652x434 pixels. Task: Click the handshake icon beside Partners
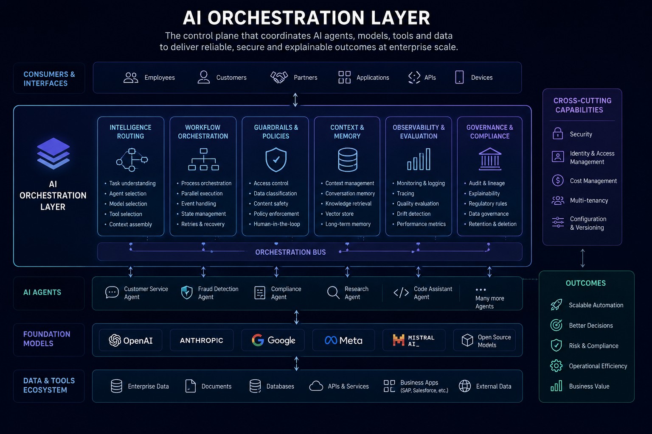coord(279,77)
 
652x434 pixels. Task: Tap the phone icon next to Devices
coord(459,77)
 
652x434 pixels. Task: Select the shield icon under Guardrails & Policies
coord(276,160)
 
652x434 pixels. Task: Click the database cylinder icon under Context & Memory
coord(348,160)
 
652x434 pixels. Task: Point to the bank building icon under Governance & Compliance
coord(490,159)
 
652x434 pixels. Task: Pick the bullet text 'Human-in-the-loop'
coord(276,224)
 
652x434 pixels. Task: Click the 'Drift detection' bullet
coord(413,214)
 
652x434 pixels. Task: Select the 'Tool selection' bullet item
coord(126,214)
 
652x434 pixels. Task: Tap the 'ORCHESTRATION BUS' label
coord(290,252)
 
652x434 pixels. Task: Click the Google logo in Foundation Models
coord(258,340)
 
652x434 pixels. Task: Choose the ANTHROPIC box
coord(202,340)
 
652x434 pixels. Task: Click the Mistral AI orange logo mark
coord(399,340)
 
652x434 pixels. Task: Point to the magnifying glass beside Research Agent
coord(333,293)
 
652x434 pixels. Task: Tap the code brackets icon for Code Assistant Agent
coord(401,293)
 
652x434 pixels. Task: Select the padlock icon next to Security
coord(558,134)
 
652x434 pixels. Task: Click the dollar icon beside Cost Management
coord(558,181)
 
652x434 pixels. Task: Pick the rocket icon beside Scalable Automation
coord(556,305)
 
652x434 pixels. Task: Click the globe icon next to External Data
coord(465,386)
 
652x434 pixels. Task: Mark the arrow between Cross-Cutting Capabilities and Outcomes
coord(582,258)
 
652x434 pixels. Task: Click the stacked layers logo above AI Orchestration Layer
coord(53,153)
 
